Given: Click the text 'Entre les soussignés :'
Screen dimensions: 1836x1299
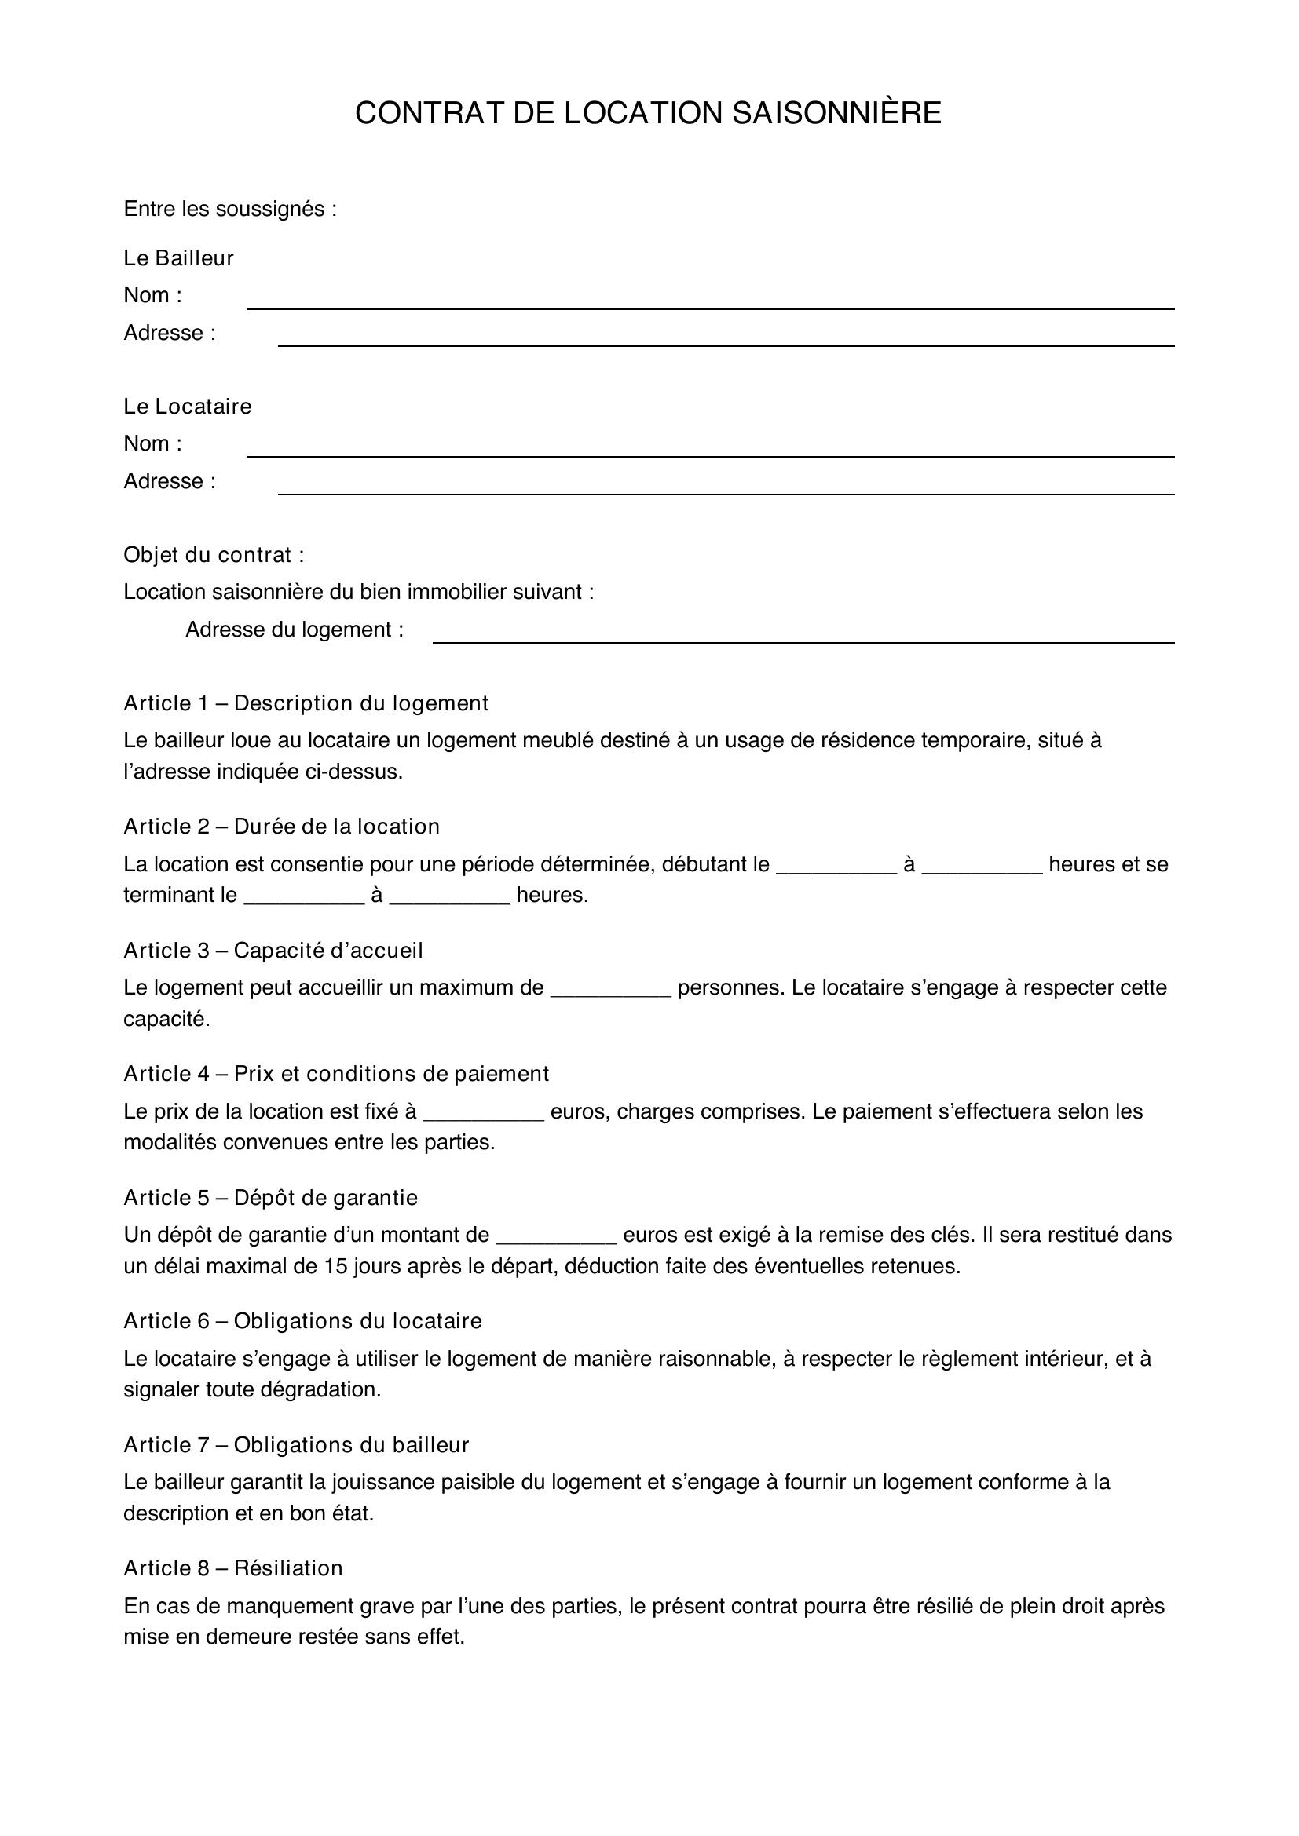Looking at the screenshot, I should (x=229, y=209).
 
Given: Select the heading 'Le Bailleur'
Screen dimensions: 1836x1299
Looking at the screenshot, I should (x=178, y=257).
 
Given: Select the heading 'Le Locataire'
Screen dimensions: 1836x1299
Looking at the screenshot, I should (x=187, y=407).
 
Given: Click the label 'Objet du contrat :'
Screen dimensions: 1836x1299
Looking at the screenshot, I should (x=214, y=554).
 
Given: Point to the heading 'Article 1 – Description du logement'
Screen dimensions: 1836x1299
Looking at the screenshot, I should (x=306, y=703).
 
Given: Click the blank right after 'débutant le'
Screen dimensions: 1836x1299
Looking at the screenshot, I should (x=836, y=866).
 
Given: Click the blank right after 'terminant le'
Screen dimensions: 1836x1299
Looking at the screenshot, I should (x=304, y=897).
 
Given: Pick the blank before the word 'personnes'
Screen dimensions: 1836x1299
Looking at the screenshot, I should (x=611, y=990).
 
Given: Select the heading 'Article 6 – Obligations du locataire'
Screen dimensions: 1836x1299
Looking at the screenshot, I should (x=302, y=1320).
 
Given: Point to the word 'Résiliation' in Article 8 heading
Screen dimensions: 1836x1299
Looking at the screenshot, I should (x=288, y=1568).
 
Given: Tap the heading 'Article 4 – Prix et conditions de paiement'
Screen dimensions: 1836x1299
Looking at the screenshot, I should (x=336, y=1073).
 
